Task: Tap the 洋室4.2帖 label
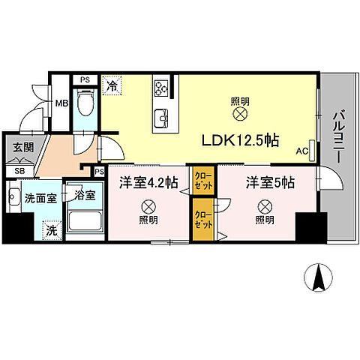point(148,182)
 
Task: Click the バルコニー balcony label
point(338,136)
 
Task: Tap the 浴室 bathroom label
point(84,196)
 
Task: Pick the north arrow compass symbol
point(319,279)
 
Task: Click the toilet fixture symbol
point(85,101)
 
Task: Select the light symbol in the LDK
point(240,114)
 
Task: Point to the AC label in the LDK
point(303,150)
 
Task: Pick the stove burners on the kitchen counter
point(161,89)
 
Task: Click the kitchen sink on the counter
point(161,118)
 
